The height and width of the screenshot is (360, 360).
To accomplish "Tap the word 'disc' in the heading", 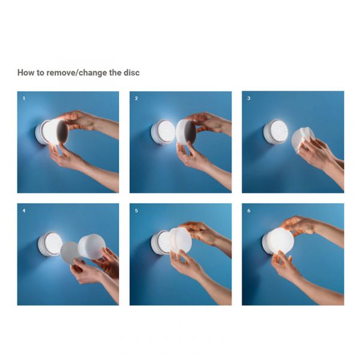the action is click(131, 73).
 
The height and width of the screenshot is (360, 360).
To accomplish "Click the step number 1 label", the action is click(23, 98).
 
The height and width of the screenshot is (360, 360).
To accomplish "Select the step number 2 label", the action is click(136, 98).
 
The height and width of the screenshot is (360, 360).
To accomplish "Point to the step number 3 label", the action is click(248, 98).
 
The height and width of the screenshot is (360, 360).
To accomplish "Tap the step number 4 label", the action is click(24, 211).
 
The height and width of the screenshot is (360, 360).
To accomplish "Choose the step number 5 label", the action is click(136, 211).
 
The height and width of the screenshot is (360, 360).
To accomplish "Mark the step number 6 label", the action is click(248, 211).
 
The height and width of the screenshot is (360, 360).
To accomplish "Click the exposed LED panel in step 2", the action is click(166, 131).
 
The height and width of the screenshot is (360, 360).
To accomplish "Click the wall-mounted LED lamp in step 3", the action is click(275, 131).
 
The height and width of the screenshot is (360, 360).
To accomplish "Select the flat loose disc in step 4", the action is click(70, 253).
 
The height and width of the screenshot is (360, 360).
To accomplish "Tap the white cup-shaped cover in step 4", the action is click(91, 247).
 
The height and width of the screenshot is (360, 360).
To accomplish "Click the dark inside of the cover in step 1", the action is click(62, 131).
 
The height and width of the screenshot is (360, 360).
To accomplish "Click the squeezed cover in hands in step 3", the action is click(302, 139).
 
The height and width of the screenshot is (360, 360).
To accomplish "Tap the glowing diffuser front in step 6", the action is click(281, 241).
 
